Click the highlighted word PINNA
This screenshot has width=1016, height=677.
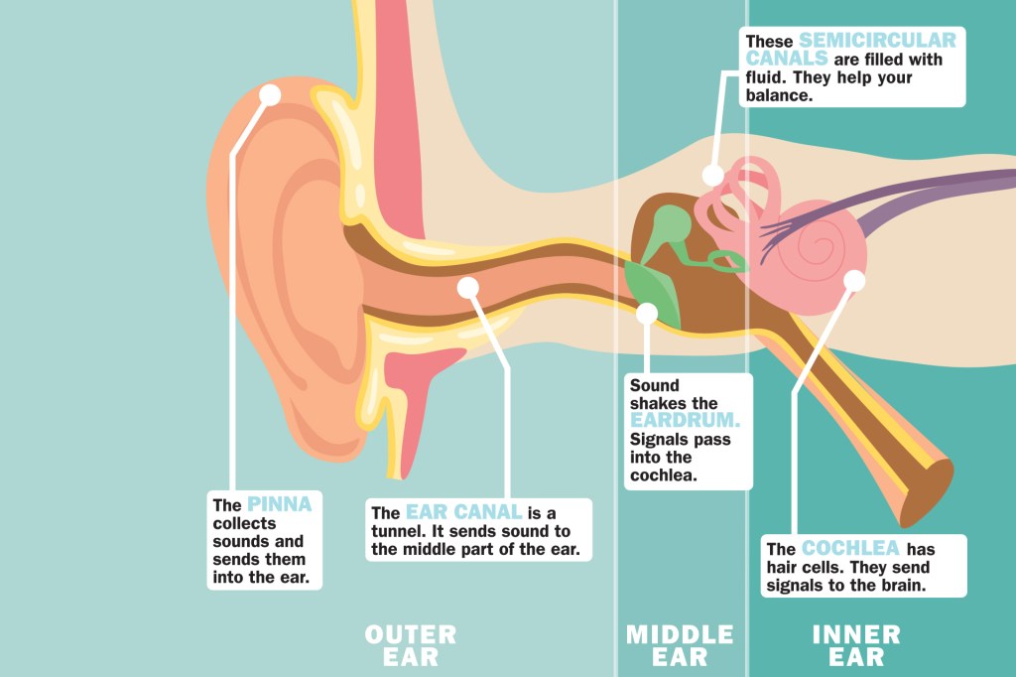[279, 504]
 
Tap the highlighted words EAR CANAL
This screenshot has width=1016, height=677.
[463, 513]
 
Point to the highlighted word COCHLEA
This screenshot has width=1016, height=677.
[850, 549]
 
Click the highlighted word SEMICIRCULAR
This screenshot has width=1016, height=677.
[877, 41]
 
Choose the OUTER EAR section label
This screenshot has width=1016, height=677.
[411, 645]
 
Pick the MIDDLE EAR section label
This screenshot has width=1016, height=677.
[680, 645]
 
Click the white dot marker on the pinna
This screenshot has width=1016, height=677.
[270, 94]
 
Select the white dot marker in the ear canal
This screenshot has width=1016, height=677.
[468, 288]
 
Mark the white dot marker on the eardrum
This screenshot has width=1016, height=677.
[647, 314]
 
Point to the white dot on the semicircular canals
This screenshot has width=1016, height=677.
[712, 175]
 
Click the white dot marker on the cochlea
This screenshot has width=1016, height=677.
[854, 281]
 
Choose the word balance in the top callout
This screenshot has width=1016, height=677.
[779, 96]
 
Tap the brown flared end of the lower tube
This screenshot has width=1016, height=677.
[927, 490]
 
